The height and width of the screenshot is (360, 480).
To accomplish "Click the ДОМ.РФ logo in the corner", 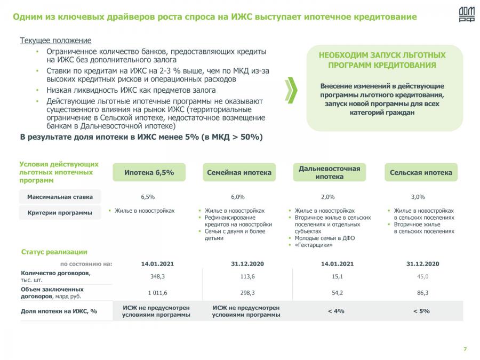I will pos(466,14).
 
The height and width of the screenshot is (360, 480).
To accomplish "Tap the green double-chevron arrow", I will pos(291,89).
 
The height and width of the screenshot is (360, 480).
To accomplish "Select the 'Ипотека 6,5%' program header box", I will pos(149,172).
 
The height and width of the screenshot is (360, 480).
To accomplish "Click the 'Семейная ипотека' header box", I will pos(239,172).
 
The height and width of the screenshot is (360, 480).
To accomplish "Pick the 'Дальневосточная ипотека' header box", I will pos(329,172).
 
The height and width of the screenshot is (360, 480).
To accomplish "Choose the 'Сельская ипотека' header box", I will pos(421,172).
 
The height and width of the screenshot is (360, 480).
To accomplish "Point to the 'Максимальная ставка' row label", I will pos(63,196).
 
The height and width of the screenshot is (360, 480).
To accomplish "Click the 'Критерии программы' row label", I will pos(60,212).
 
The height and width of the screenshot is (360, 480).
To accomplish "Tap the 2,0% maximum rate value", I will pos(328,197).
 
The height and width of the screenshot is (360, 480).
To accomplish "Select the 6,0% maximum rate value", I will pos(238,197).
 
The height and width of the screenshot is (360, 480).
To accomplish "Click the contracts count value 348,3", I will pos(157,276).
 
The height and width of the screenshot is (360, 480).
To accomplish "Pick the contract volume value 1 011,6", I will pos(157,293).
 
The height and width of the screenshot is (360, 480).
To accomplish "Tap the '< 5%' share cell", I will pos(421,311).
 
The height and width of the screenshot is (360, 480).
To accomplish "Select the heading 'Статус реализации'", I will pos(54,252).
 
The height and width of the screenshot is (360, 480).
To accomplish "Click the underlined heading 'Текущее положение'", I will pos(55,41).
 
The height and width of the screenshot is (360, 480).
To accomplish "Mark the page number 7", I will pos(465,349).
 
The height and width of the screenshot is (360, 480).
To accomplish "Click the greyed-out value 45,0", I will pos(422,276).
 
